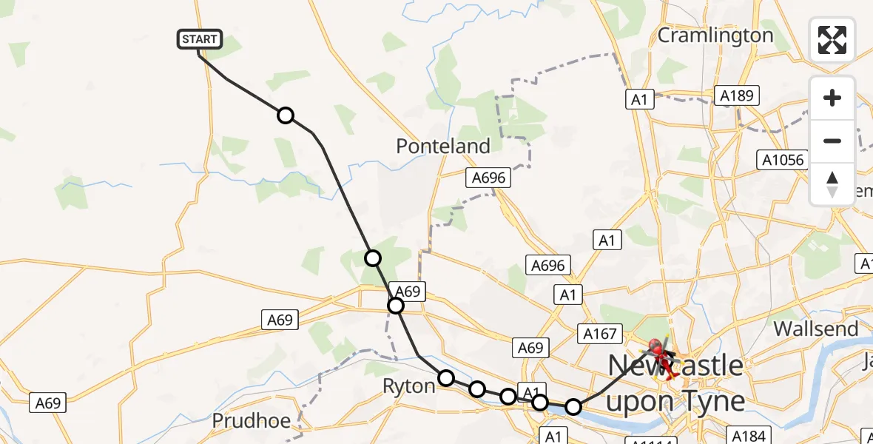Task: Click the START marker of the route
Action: point(200,39)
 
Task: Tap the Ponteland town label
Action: point(443,146)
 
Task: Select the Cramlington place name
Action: point(715,35)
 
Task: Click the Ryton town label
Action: point(408,386)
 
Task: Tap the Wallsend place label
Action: point(816,328)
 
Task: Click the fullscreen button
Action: point(832,40)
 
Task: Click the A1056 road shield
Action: point(781,160)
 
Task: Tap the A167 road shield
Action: point(599,334)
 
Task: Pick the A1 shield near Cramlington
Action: point(640,99)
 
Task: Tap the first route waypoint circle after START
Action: point(286,115)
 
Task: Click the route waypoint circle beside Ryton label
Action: point(446,378)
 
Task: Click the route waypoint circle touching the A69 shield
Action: point(396,306)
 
